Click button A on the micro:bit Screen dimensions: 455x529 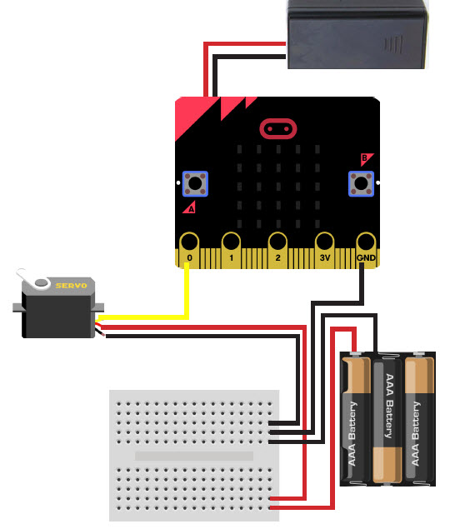tap(195, 183)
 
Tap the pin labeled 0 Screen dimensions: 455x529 tap(189, 250)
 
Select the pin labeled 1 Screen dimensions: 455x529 tap(231, 250)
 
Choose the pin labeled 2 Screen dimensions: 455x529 tap(277, 250)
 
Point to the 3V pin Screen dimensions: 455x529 tap(324, 250)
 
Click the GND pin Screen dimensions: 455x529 tap(366, 250)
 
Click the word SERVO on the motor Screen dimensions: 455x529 tap(71, 286)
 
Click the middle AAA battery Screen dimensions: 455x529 tap(387, 420)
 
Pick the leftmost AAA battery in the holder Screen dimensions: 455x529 tap(356, 418)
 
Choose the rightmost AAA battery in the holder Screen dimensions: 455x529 tap(419, 418)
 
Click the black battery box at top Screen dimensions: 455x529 tap(357, 34)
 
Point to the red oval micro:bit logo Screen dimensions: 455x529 tap(278, 128)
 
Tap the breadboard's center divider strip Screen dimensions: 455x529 tap(194, 456)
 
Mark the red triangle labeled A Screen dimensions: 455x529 tap(190, 208)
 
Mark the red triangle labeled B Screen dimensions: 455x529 tap(365, 158)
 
